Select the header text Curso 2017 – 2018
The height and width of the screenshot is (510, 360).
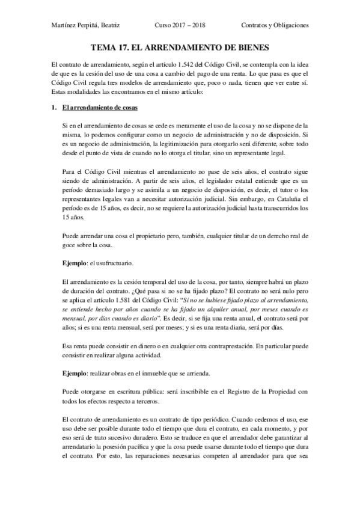click(x=178, y=26)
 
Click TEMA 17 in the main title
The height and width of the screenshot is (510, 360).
click(x=111, y=46)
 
